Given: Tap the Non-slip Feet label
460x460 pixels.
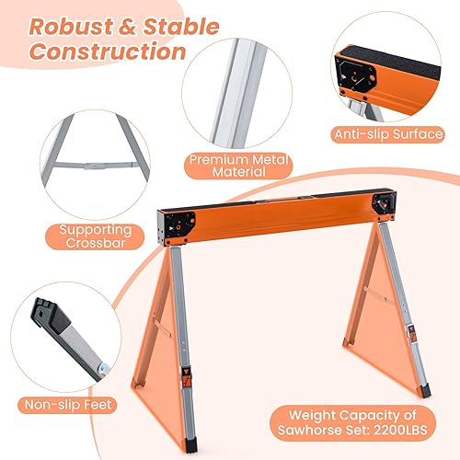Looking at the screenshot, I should [x=63, y=404].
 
